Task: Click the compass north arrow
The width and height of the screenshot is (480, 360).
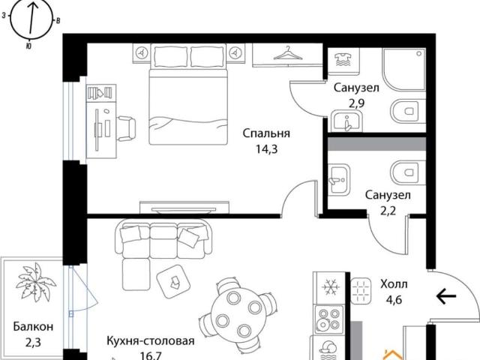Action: point(32,18)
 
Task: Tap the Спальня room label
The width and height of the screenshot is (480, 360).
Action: point(266,133)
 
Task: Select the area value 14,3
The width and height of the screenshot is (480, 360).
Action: point(266,149)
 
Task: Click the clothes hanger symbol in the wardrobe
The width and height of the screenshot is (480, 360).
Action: point(287,53)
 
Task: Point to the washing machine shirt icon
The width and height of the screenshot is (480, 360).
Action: point(342,60)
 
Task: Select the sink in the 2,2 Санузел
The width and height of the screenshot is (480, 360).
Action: point(339,179)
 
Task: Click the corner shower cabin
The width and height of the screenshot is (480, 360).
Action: point(403,69)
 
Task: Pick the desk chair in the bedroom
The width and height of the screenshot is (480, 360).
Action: point(126,129)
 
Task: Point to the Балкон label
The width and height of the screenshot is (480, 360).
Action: point(33,327)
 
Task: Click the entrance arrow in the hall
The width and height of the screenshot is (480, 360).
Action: point(446,296)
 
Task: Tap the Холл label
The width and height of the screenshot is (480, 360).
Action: point(394,285)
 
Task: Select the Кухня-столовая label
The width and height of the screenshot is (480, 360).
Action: point(151,340)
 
